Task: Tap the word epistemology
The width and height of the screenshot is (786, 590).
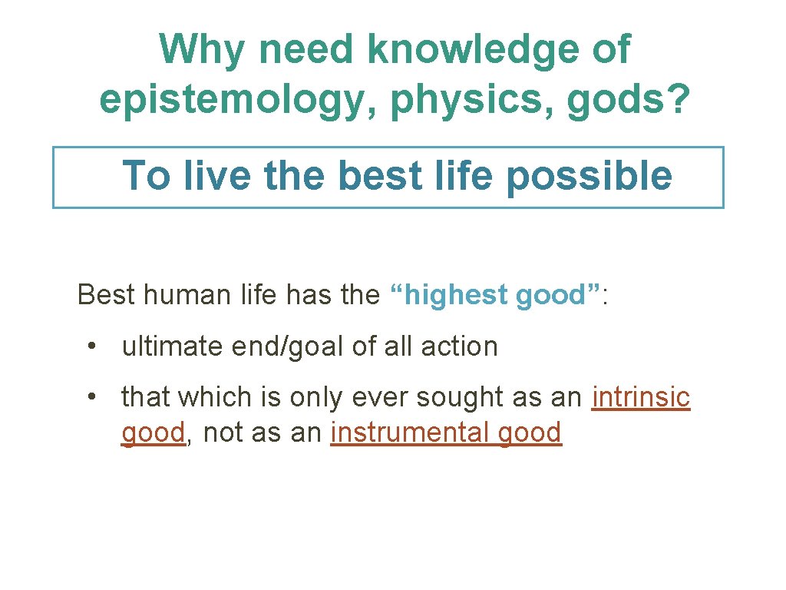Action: [x=238, y=101]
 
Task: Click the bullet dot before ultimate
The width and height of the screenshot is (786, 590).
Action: [x=92, y=346]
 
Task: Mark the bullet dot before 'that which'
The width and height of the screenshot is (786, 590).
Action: [x=92, y=396]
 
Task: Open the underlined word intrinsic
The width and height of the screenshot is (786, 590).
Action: [x=641, y=397]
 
